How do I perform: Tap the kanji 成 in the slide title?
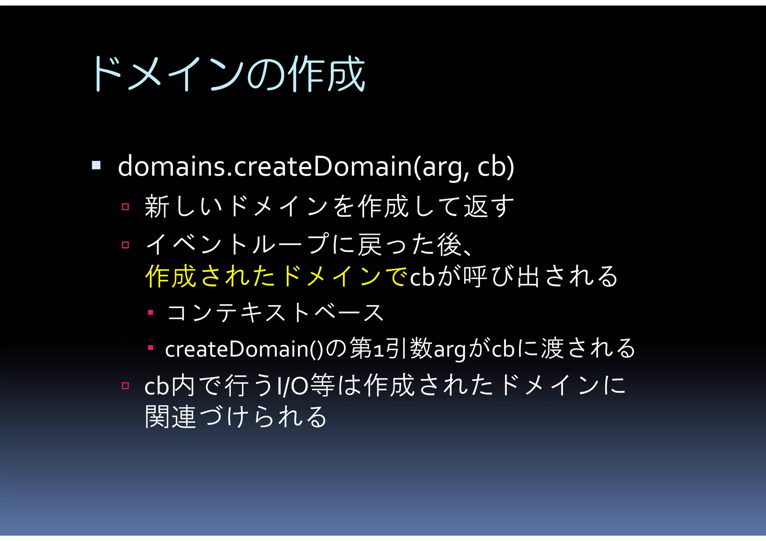pyautogui.click(x=346, y=74)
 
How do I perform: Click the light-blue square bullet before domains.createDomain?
pyautogui.click(x=96, y=165)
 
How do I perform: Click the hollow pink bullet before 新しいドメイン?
pyautogui.click(x=125, y=207)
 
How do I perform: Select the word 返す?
pyautogui.click(x=489, y=206)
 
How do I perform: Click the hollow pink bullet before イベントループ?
pyautogui.click(x=125, y=245)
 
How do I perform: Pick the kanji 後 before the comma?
pyautogui.click(x=449, y=245)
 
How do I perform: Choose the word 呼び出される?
pyautogui.click(x=540, y=277)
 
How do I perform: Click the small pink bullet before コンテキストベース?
pyautogui.click(x=151, y=313)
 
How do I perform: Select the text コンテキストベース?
pyautogui.click(x=275, y=313)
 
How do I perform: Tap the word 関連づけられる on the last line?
pyautogui.click(x=236, y=417)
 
